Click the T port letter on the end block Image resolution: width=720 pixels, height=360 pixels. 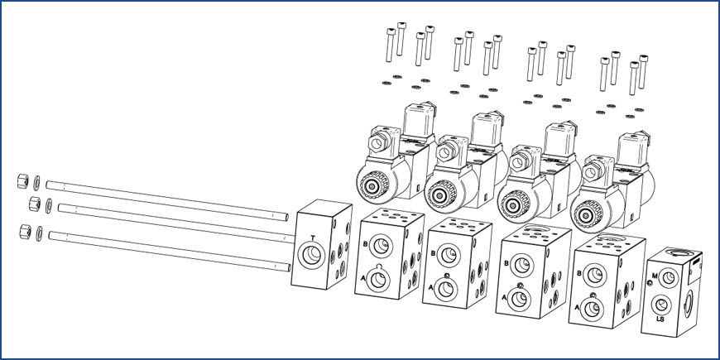(313, 238)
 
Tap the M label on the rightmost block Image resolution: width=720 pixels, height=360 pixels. (655, 276)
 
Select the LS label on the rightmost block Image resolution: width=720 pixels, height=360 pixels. (660, 319)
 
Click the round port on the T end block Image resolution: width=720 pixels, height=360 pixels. (311, 255)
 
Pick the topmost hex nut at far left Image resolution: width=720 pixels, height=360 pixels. (23, 181)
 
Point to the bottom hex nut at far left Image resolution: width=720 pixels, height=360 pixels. (26, 232)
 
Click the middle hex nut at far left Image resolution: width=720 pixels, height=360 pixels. (35, 204)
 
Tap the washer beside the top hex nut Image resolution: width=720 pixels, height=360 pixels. (36, 183)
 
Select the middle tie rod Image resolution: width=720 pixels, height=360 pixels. (176, 222)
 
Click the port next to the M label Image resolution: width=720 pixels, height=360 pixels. (668, 278)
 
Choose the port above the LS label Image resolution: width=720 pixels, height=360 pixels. (662, 305)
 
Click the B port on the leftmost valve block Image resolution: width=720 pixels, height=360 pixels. (381, 246)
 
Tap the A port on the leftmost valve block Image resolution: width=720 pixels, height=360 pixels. (378, 280)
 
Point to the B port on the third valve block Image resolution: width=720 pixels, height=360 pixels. (521, 266)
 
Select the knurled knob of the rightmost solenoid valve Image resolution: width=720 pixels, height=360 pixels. (588, 214)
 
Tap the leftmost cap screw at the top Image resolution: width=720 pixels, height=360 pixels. (391, 45)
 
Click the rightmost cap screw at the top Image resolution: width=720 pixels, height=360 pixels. (643, 72)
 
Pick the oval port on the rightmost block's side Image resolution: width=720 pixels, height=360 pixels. (688, 304)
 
